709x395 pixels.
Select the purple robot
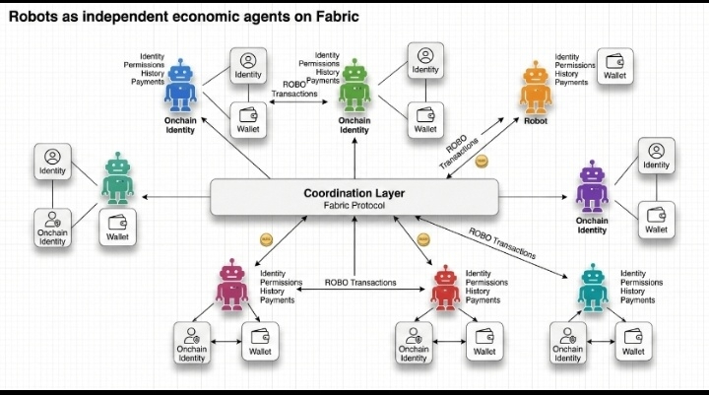591,187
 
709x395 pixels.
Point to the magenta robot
231,287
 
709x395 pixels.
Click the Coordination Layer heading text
354,192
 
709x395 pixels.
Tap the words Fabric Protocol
354,206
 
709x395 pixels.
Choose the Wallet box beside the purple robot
656,218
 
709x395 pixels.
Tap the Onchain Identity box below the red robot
414,342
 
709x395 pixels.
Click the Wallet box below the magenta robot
260,341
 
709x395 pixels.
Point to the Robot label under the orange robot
536,121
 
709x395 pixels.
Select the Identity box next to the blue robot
247,65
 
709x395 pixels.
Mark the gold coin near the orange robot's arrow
482,160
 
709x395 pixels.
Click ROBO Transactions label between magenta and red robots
360,283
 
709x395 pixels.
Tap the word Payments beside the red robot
483,299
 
